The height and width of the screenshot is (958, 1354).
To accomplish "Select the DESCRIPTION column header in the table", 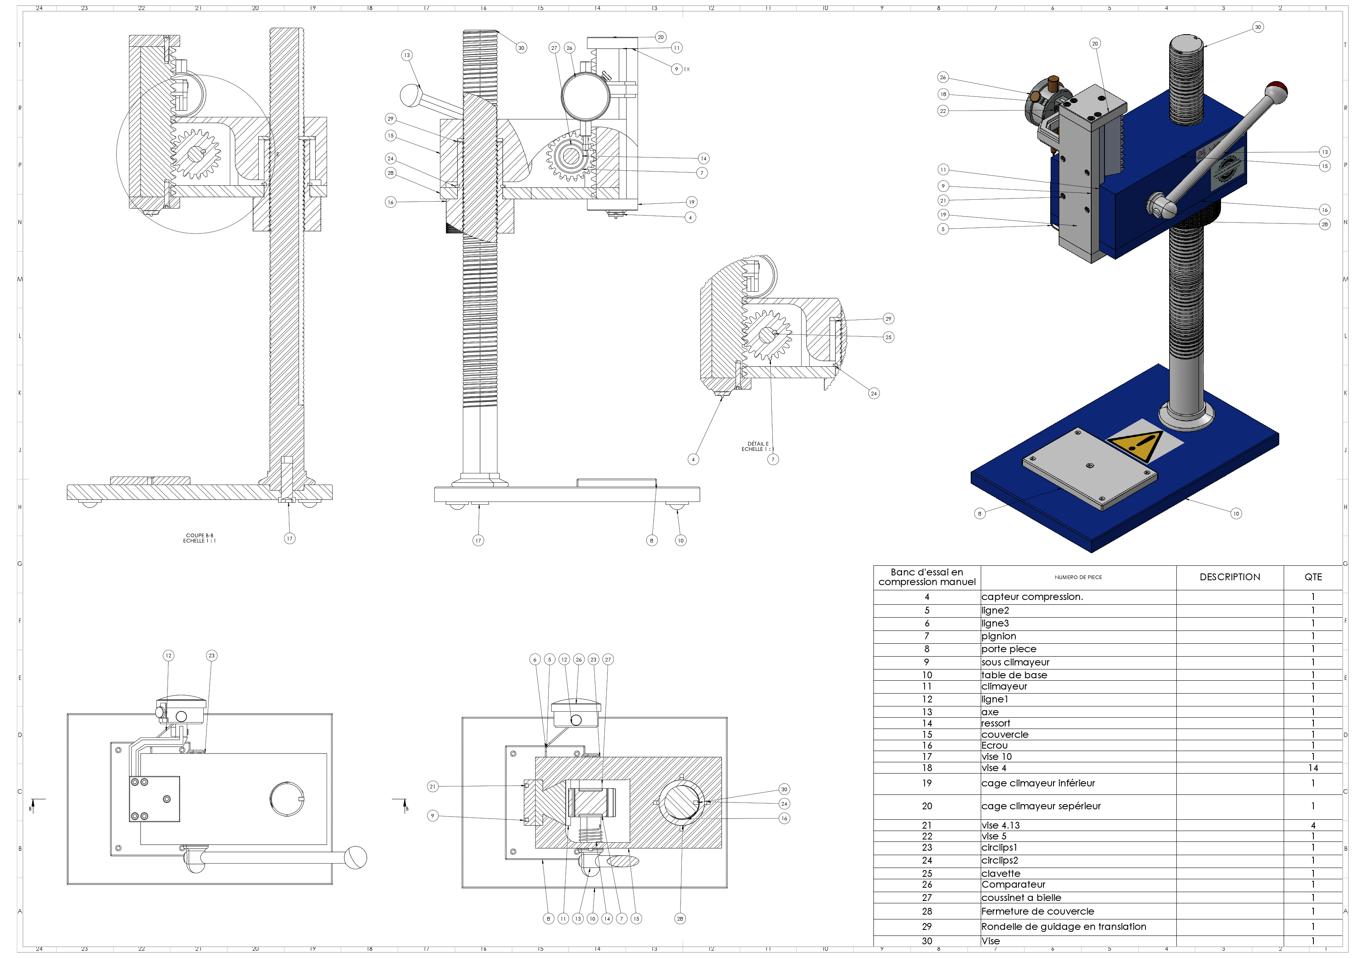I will (x=1229, y=577).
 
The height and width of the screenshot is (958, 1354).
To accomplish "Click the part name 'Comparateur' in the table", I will (x=1013, y=884).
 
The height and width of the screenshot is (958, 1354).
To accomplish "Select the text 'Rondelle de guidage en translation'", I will (x=1063, y=927).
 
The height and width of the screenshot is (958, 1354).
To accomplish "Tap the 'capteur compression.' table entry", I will (x=1032, y=596).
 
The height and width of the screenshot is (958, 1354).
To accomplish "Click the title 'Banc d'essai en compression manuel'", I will (x=927, y=577).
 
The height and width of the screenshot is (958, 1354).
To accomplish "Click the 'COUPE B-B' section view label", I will (x=199, y=536).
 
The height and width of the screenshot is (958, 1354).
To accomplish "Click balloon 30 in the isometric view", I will (x=1258, y=27).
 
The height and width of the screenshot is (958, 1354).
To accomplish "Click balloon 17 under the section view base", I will (x=290, y=538).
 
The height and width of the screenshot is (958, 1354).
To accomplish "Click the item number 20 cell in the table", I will (x=927, y=806).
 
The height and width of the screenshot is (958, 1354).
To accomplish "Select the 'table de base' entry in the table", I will (x=1014, y=675).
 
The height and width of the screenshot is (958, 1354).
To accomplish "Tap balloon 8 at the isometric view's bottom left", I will (x=980, y=513).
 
